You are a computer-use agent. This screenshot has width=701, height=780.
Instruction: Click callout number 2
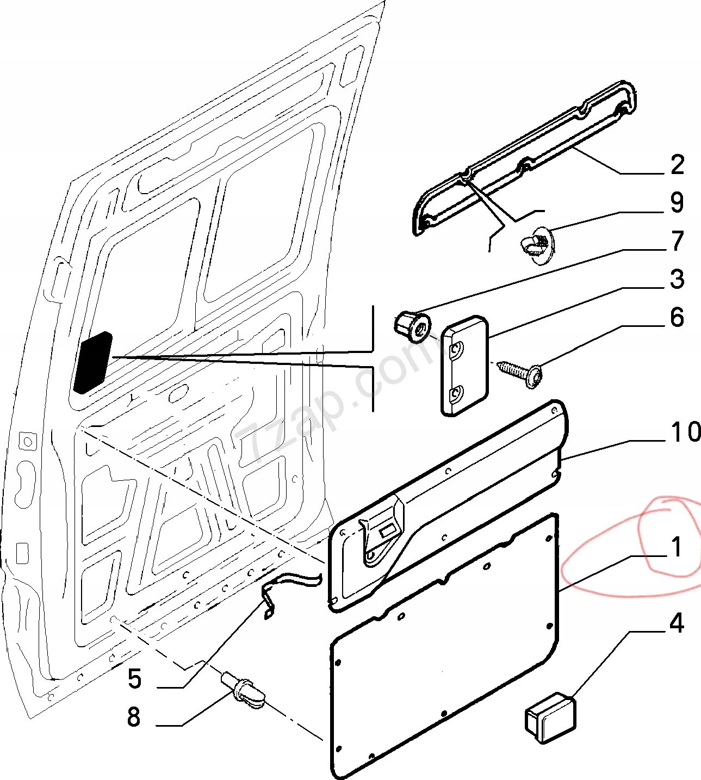pos(677,165)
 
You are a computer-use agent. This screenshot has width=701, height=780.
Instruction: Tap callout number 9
pos(677,202)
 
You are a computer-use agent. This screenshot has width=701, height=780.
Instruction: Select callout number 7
pos(677,241)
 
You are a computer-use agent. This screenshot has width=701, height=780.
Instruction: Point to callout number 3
pos(677,279)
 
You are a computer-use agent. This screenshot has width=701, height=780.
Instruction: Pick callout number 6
pos(677,318)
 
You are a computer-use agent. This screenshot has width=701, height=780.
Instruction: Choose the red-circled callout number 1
pos(676,547)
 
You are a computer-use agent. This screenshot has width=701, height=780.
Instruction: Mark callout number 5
pos(134,679)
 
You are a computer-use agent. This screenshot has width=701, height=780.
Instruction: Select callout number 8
pos(134,717)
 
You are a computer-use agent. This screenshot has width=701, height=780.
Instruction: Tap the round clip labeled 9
pos(536,245)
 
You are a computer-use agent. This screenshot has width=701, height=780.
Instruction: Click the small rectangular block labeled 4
pos(549,717)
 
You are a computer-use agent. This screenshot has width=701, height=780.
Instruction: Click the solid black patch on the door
pos(92,362)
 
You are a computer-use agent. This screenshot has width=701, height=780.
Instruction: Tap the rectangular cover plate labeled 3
pos(464,366)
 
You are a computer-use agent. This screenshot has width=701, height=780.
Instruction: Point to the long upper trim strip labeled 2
pos(525,158)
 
